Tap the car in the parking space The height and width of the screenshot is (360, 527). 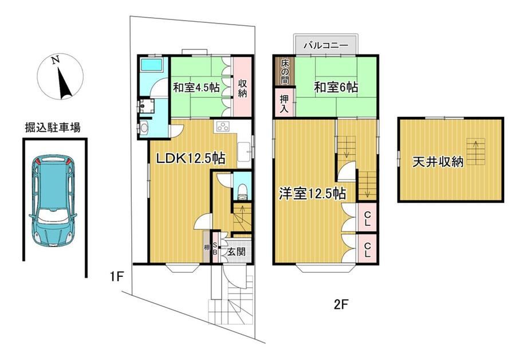(53, 201)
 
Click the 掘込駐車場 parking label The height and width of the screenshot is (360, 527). (53, 128)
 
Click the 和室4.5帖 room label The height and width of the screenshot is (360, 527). (196, 88)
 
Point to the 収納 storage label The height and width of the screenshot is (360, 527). (242, 88)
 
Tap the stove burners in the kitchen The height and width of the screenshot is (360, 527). (222, 127)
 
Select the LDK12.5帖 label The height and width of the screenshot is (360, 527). (191, 158)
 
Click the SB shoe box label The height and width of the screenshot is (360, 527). (215, 248)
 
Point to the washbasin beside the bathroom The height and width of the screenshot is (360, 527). (144, 127)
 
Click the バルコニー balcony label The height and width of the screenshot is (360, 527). (326, 45)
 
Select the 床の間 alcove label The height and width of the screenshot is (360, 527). (284, 72)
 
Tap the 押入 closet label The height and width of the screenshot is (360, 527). (284, 103)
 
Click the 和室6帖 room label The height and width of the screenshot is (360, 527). (336, 87)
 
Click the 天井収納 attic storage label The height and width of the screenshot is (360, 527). (438, 162)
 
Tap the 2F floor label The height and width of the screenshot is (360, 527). (341, 305)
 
